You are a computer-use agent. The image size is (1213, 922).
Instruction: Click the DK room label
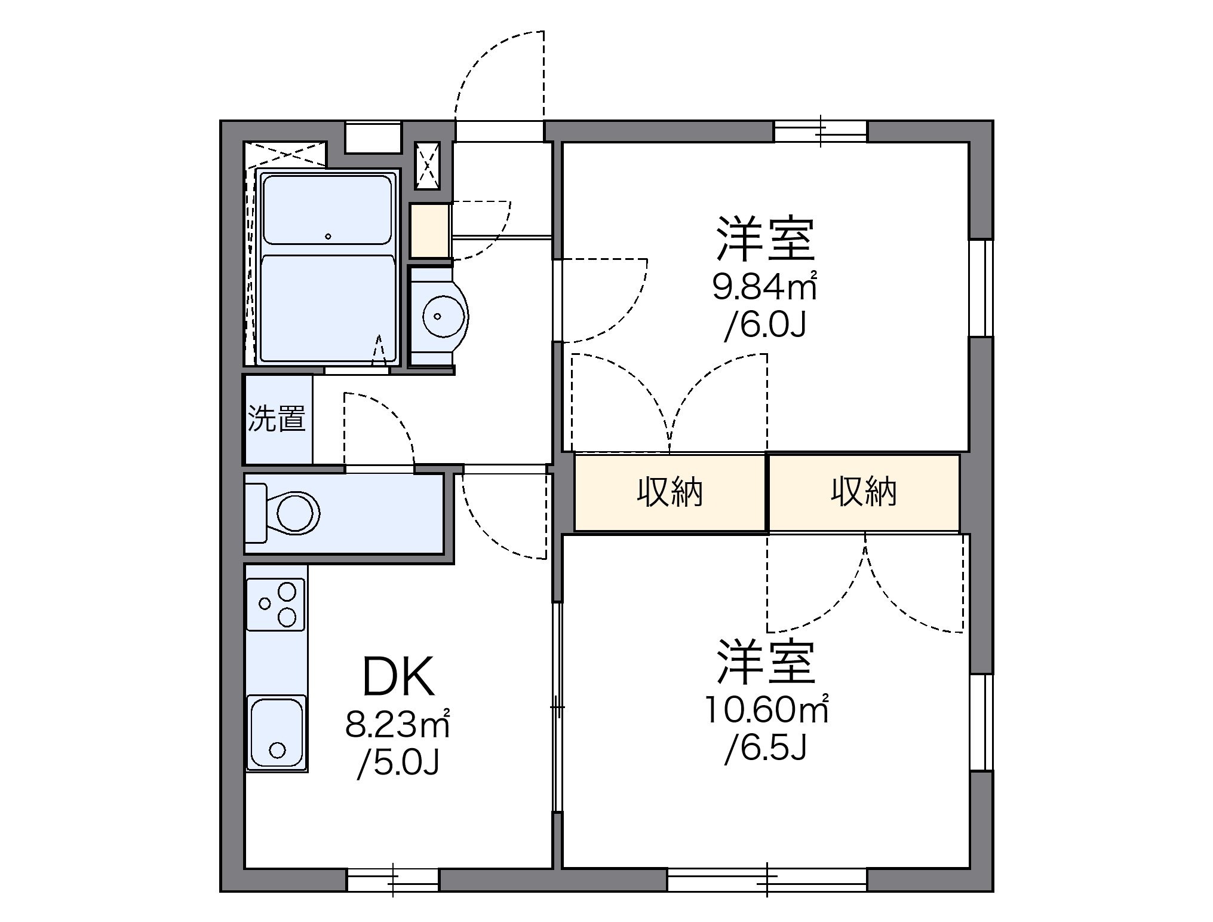click(x=398, y=677)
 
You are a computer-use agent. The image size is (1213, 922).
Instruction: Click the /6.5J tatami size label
click(x=766, y=749)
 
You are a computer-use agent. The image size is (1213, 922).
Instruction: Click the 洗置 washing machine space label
click(x=277, y=418)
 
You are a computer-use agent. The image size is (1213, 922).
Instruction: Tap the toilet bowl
click(x=296, y=512)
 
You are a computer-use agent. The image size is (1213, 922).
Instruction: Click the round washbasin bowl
click(x=439, y=316)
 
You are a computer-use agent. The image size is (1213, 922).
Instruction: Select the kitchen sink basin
click(x=276, y=733)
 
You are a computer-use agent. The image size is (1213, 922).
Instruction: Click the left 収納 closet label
click(x=670, y=492)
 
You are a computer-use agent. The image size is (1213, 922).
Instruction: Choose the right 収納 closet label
click(x=864, y=492)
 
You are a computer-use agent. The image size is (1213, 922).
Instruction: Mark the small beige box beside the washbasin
click(x=429, y=231)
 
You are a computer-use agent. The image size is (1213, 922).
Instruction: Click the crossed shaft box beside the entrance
click(x=427, y=166)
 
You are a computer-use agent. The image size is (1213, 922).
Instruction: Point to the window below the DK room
click(x=392, y=880)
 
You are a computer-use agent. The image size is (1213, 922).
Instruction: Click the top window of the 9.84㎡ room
click(x=821, y=131)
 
